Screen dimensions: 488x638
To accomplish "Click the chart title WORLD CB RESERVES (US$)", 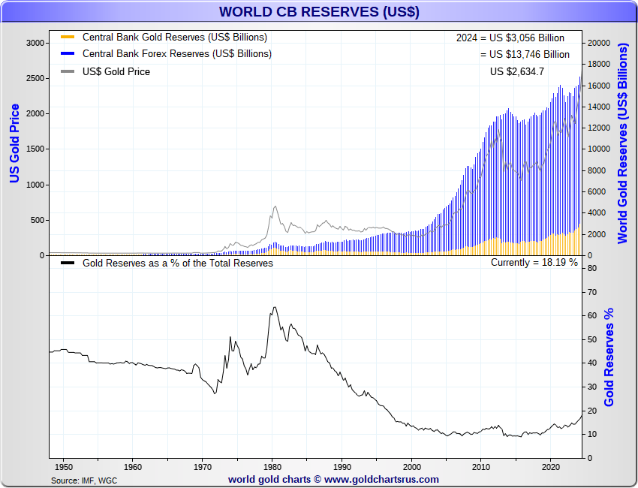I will tap(319, 12).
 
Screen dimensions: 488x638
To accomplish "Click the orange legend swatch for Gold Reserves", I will tap(68, 37).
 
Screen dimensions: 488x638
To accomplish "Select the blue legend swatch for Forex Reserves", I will tap(68, 54).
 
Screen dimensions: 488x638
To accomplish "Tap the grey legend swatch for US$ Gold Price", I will tap(68, 72).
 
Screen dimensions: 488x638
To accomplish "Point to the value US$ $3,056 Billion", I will tap(510, 38).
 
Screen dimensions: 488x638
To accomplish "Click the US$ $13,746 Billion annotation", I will tap(525, 54).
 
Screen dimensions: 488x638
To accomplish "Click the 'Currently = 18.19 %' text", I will tap(534, 263).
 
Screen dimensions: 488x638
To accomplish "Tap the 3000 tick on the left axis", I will tap(35, 43).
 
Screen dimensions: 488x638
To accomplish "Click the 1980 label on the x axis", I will tap(272, 466).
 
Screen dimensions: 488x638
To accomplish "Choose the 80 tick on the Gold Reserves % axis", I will tap(591, 268).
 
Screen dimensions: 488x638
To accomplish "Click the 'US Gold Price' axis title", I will tap(14, 143).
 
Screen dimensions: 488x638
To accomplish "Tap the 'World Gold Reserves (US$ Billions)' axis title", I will tap(622, 143).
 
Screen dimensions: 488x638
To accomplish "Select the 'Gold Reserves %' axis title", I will tap(609, 357).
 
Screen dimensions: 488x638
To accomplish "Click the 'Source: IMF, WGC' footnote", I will tap(83, 480).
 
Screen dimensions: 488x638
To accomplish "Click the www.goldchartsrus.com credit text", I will tap(333, 479).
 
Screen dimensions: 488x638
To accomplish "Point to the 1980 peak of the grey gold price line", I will tap(275, 206).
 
